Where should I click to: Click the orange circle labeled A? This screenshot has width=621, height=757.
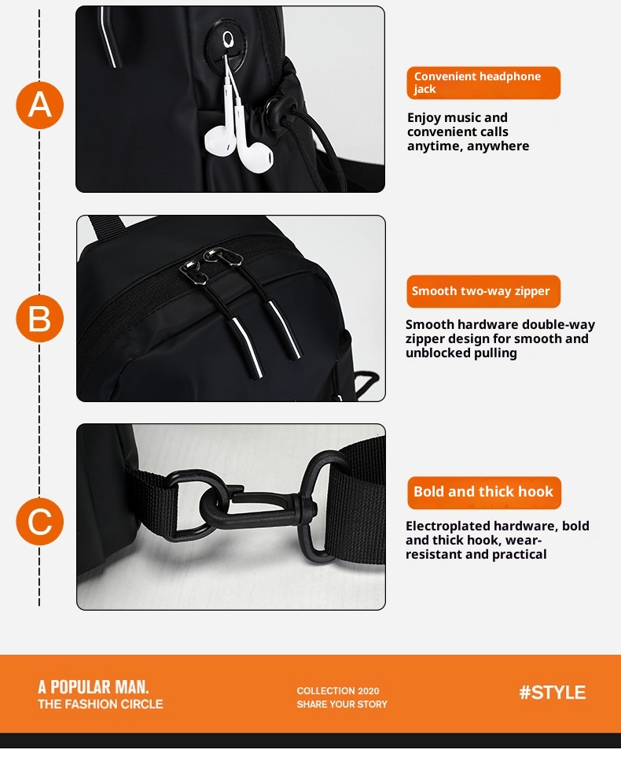[x=39, y=105]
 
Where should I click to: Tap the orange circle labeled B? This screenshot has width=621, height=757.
[x=39, y=319]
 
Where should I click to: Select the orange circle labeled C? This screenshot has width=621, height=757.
[x=39, y=522]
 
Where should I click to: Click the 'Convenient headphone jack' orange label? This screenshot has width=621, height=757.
[x=483, y=83]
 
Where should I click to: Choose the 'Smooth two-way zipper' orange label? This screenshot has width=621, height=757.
[x=483, y=291]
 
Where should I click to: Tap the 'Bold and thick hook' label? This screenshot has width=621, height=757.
[x=483, y=492]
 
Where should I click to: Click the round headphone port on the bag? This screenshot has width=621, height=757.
[x=229, y=38]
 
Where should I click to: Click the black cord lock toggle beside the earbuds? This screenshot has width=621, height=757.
[x=277, y=109]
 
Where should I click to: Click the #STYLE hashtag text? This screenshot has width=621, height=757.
[x=552, y=692]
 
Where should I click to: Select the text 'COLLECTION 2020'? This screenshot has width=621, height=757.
[x=338, y=691]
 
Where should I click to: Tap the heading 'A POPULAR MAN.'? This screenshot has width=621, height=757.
[x=94, y=687]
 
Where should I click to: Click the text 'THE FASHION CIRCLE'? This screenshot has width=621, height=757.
[x=101, y=704]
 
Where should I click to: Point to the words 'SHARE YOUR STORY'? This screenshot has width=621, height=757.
[x=342, y=704]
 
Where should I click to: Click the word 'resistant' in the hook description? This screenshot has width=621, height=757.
[x=434, y=554]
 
